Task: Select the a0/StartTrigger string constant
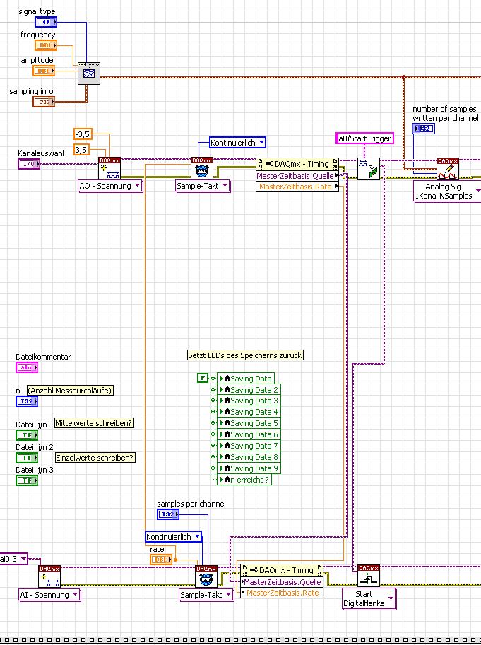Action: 364,138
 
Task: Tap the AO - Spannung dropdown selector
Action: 109,186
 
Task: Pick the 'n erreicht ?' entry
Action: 244,480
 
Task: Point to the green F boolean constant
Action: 202,379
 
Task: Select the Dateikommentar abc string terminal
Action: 27,367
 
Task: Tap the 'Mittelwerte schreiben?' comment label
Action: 94,423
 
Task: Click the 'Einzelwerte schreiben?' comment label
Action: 95,457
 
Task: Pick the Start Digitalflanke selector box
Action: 367,598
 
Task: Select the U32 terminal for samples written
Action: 424,129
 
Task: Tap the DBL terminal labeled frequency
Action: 44,46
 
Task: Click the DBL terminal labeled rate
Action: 161,560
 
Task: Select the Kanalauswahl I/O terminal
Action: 29,164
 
